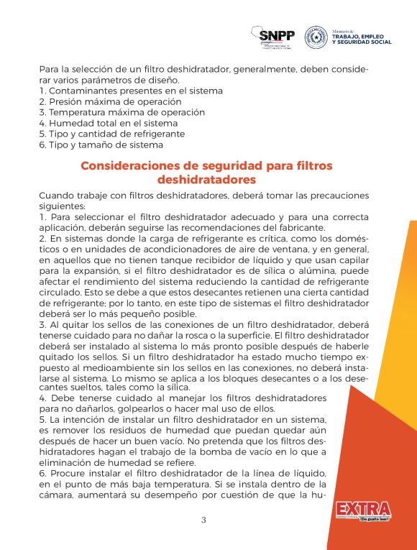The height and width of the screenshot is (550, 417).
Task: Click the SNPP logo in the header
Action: pyautogui.click(x=277, y=36)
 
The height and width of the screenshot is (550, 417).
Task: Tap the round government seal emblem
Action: pyautogui.click(x=316, y=37)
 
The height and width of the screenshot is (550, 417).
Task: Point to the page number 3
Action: pyautogui.click(x=203, y=521)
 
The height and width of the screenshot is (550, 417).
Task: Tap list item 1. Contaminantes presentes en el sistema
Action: pyautogui.click(x=131, y=91)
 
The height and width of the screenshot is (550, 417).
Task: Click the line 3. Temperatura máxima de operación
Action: pyautogui.click(x=122, y=112)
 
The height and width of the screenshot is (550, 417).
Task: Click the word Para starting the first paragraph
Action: pyautogui.click(x=50, y=69)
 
